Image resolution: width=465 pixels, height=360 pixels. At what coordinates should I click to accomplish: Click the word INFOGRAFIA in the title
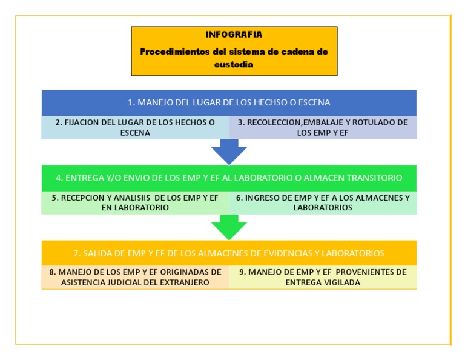click(x=234, y=35)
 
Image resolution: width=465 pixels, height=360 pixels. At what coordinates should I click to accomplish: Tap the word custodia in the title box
click(x=234, y=64)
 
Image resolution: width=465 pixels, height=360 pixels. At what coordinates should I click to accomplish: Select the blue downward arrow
click(x=229, y=152)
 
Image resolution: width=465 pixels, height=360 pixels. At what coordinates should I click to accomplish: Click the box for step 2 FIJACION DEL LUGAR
click(x=135, y=127)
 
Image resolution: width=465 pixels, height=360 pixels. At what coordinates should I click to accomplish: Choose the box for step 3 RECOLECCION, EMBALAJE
click(x=323, y=127)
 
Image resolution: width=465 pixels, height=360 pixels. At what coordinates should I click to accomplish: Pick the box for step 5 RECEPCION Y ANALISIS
click(x=135, y=202)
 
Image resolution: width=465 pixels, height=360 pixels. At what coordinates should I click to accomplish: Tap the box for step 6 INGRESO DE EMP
click(x=323, y=202)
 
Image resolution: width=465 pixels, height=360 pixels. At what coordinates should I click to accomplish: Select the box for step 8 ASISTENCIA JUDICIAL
click(x=135, y=277)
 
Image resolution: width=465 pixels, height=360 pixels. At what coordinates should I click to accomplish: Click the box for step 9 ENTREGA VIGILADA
click(x=323, y=277)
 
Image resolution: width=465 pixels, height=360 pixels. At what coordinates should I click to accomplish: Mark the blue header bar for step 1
click(x=229, y=102)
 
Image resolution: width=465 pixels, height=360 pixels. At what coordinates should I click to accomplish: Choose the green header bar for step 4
click(x=229, y=178)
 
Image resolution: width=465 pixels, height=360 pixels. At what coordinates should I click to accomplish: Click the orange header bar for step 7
click(x=229, y=253)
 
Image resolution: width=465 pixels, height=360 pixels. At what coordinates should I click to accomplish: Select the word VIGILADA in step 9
click(x=343, y=282)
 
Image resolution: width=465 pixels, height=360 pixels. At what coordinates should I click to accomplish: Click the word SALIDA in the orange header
click(x=97, y=253)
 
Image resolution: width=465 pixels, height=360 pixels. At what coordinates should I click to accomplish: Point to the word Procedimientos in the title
click(x=176, y=52)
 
